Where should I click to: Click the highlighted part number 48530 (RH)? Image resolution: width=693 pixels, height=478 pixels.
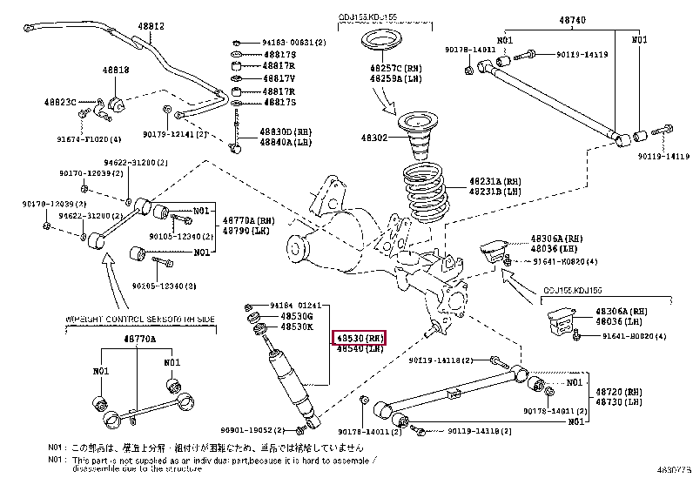(x=358, y=337)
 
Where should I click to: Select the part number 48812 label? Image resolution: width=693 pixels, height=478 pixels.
(x=152, y=27)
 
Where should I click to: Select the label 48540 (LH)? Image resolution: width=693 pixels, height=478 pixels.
(x=358, y=348)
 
